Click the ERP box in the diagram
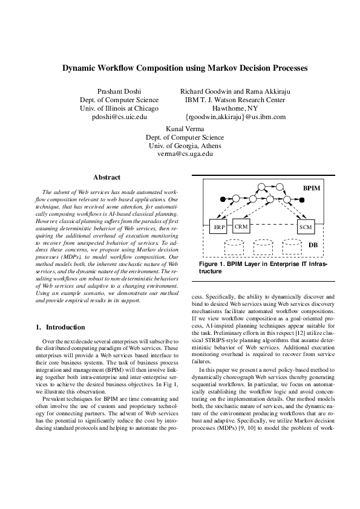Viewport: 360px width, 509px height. point(218,227)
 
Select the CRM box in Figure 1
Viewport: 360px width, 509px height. point(241,226)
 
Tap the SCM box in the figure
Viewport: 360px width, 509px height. point(306,227)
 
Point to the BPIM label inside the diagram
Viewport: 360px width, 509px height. point(312,189)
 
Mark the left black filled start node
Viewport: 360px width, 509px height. point(222,198)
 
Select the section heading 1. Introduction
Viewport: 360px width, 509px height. point(61,327)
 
